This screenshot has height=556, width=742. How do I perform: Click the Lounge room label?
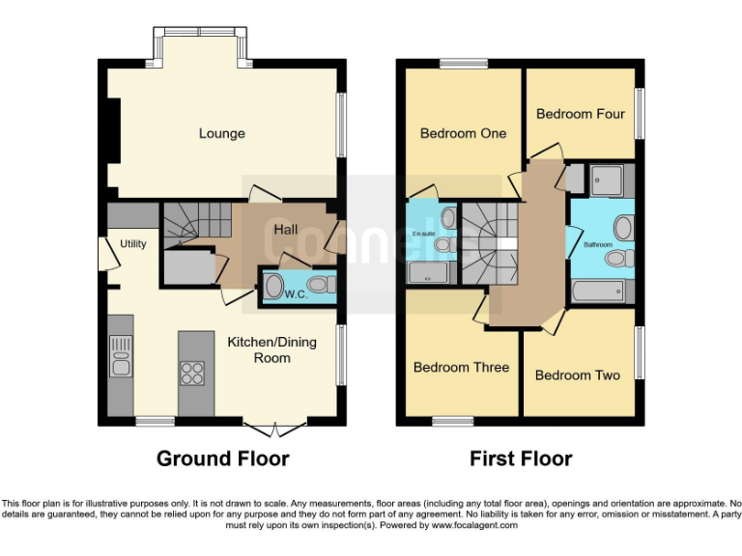pos(221,133)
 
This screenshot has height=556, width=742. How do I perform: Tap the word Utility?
pos(132,244)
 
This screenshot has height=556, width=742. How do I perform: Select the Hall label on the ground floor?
pos(285,230)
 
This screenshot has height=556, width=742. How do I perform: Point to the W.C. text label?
pos(296,294)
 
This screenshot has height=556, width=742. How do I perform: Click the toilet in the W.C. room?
pos(324,285)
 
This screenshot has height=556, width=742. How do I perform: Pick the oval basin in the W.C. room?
pos(273,286)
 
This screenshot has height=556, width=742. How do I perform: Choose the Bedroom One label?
pos(463,133)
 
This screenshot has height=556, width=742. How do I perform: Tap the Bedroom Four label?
pos(580,114)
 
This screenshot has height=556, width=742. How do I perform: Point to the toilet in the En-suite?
pos(442,245)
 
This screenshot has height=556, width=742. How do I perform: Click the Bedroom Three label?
pos(461,367)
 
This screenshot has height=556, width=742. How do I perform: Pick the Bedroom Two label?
pos(577,375)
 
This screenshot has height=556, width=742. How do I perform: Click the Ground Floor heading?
pos(222,459)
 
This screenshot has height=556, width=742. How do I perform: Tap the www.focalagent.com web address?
pos(474,526)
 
